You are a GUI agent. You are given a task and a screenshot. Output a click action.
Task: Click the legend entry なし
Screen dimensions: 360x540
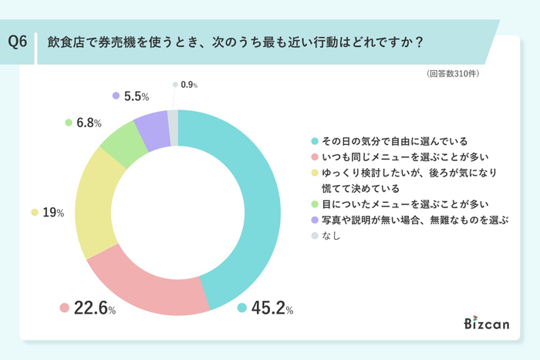tap(332, 236)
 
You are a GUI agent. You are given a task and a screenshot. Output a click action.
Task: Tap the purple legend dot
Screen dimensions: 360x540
tap(315, 220)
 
